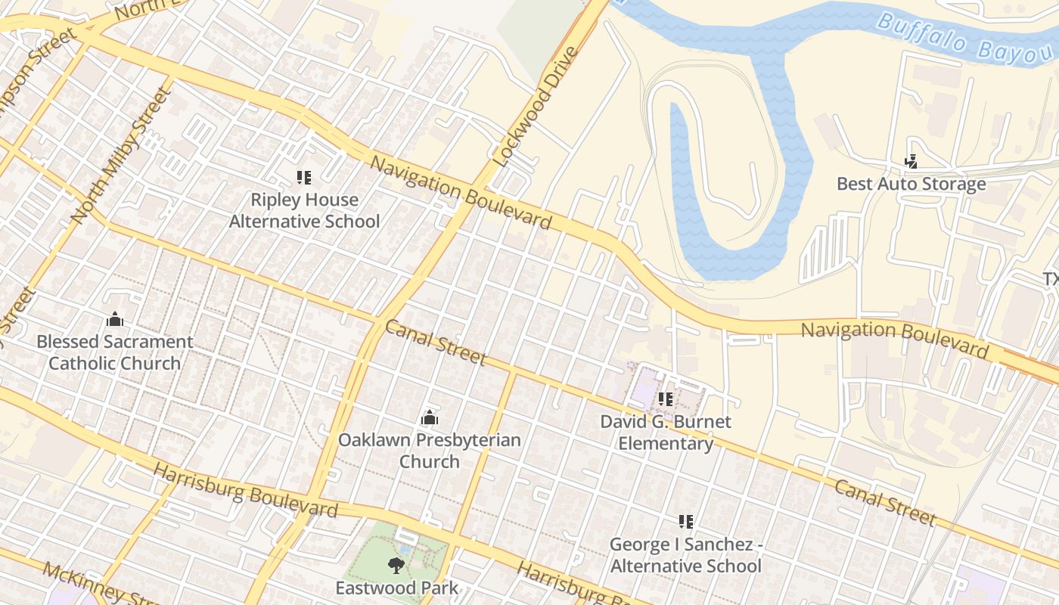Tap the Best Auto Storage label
[x=911, y=184]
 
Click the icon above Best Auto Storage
[x=911, y=161]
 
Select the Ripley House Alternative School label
[x=304, y=211]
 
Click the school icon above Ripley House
[x=304, y=178]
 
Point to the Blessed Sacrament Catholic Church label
[x=115, y=352]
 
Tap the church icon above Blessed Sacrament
[x=115, y=319]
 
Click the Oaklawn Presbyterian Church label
[x=429, y=451]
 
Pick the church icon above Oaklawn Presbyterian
[x=429, y=417]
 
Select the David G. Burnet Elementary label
[x=666, y=432]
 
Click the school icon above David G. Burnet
[x=666, y=399]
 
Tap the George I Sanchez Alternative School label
[x=685, y=555]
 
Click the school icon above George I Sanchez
[x=686, y=521]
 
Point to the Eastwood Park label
[x=397, y=588]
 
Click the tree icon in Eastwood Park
[x=395, y=565]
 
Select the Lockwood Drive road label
[x=535, y=107]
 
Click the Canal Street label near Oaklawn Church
[x=435, y=343]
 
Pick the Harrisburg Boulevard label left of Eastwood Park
[x=245, y=492]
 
